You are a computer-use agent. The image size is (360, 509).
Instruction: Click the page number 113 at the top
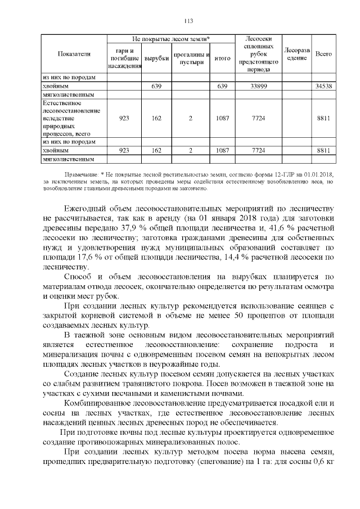188,21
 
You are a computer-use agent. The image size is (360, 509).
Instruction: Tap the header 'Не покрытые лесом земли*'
171,38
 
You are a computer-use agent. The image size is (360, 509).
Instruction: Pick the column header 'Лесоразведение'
295,54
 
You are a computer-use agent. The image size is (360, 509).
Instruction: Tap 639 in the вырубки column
156,87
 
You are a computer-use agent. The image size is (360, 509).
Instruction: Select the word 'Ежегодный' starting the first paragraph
86,206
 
